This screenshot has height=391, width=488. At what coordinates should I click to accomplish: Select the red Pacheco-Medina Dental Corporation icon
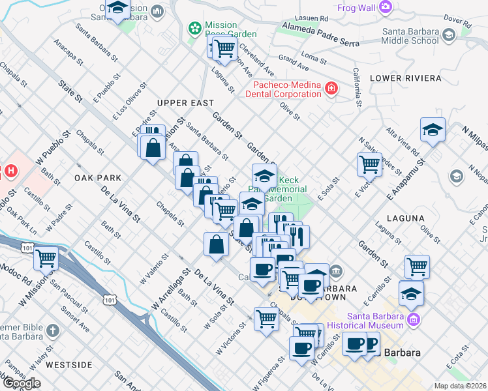coord(331,88)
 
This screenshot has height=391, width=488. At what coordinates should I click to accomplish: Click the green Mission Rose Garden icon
coord(194,27)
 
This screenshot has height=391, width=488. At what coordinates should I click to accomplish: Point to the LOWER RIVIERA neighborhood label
coord(405,78)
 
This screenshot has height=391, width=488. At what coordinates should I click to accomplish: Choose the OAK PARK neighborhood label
coord(98,177)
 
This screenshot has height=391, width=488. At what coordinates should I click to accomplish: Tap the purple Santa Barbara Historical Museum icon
coord(413,319)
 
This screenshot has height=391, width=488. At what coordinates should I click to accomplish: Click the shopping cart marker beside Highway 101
coord(46,259)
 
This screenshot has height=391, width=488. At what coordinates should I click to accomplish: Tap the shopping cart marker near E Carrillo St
coord(417,266)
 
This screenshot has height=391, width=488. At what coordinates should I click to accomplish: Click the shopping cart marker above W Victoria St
coord(266,319)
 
